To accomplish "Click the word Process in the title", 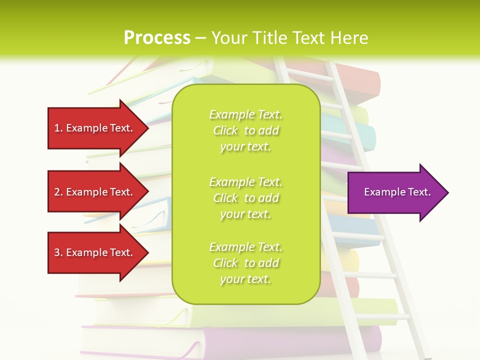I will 157,38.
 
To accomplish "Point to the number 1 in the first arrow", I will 57,128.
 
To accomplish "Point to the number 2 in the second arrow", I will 57,192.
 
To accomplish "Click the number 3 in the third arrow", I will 57,252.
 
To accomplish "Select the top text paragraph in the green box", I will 245,130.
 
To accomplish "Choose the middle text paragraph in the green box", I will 245,198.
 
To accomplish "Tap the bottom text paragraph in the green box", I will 245,263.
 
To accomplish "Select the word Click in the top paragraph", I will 225,130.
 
